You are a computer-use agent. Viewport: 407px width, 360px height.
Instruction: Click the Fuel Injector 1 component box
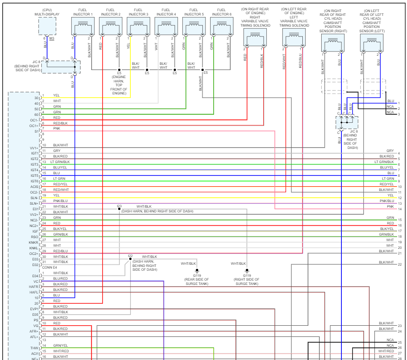click(x=83, y=26)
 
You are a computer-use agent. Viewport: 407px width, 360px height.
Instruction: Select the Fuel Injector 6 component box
click(x=221, y=26)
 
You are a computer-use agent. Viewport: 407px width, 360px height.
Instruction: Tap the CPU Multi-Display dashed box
click(x=47, y=26)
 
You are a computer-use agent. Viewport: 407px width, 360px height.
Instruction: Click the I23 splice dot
click(x=119, y=209)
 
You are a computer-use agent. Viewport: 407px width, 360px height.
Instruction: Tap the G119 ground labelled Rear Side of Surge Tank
click(x=197, y=271)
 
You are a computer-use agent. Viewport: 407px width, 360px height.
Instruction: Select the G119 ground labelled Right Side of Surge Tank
click(x=247, y=271)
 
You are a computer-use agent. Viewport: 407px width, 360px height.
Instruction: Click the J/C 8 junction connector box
click(x=347, y=122)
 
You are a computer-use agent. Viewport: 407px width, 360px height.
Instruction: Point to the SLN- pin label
click(x=34, y=198)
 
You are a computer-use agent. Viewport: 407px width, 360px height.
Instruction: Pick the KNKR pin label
click(x=34, y=242)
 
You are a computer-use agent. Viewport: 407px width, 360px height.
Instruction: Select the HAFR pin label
click(x=34, y=287)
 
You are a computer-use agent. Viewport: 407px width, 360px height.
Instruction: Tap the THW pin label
click(x=34, y=348)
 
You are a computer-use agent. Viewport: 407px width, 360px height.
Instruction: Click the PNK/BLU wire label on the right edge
click(x=386, y=201)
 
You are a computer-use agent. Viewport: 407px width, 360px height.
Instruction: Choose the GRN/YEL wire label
click(x=60, y=345)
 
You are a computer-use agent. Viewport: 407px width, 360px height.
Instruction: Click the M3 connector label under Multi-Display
click(x=51, y=39)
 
